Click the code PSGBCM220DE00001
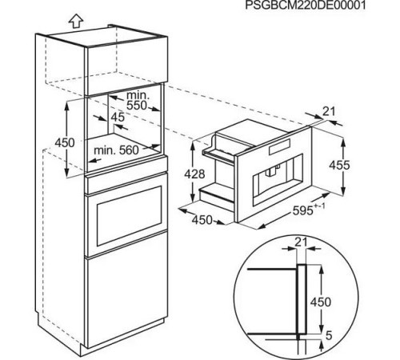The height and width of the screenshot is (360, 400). click(306, 5)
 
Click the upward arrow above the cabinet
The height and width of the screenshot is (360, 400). click(76, 21)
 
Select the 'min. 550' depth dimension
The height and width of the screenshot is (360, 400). click(136, 101)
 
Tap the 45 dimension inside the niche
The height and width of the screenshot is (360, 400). click(118, 117)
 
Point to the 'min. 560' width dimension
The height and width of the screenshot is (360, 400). click(116, 150)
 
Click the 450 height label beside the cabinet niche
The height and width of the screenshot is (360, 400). click(65, 143)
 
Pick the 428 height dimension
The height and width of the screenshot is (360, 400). click(194, 174)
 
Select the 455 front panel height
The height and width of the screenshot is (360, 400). click(339, 165)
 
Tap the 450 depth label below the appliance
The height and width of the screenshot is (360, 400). click(202, 220)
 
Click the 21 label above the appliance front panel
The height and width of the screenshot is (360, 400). click(328, 111)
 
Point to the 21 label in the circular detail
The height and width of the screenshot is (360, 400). click(301, 242)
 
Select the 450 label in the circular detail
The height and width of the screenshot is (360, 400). click(321, 302)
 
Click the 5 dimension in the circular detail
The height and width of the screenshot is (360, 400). click(329, 335)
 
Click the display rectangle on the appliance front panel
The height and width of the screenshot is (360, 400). click(279, 147)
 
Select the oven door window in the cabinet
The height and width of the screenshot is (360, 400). click(129, 216)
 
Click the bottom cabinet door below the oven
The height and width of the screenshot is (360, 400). click(126, 290)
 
